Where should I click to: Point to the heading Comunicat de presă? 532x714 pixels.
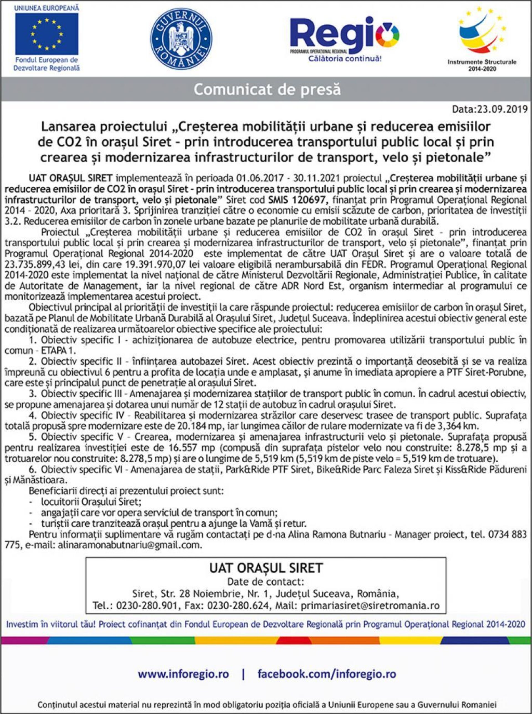tap(267, 90)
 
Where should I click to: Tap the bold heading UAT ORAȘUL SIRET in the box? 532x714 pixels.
tap(266, 568)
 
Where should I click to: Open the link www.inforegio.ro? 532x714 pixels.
tap(183, 664)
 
